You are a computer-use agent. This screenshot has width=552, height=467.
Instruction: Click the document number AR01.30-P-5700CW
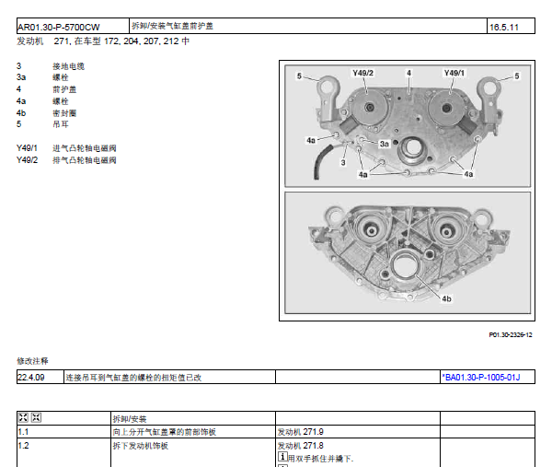(59, 27)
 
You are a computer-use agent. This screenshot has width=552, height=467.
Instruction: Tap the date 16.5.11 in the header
(504, 27)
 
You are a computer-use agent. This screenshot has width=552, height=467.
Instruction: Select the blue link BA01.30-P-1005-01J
(481, 378)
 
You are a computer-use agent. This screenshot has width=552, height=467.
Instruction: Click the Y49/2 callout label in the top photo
(362, 73)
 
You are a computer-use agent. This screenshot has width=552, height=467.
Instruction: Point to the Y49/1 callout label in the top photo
(454, 73)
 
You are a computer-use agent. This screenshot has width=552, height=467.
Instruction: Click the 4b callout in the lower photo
(446, 298)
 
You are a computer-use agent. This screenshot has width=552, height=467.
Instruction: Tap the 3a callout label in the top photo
(384, 144)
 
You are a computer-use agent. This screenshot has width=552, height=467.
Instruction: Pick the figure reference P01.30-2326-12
(511, 335)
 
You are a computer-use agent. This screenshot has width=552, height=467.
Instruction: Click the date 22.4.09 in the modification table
(31, 378)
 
